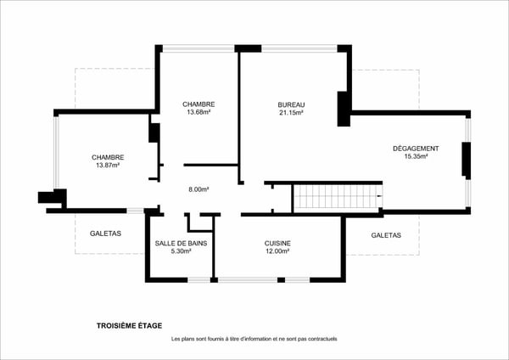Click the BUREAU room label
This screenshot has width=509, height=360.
pos(291,104)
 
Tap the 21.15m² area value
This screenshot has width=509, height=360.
pos(291,112)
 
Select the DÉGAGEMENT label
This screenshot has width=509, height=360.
pos(416,149)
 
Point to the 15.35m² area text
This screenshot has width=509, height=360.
pos(416,156)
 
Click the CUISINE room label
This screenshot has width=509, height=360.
pos(277,243)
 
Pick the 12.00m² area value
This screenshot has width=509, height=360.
pos(277,251)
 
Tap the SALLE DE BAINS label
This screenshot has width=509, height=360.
pos(181,243)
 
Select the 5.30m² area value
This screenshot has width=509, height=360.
pos(181,251)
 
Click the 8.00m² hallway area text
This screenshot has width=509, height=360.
pos(199,189)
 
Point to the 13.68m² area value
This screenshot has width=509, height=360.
pos(198,112)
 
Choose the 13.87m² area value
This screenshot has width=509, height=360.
pos(108,165)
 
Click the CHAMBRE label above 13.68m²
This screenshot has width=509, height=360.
pos(198,104)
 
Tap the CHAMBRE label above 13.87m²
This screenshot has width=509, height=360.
pos(108,157)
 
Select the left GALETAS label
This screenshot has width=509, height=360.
pos(105,233)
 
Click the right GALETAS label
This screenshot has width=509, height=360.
pos(386,235)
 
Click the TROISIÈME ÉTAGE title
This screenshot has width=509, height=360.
pos(129,325)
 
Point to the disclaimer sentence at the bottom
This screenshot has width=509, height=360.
pos(254,339)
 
